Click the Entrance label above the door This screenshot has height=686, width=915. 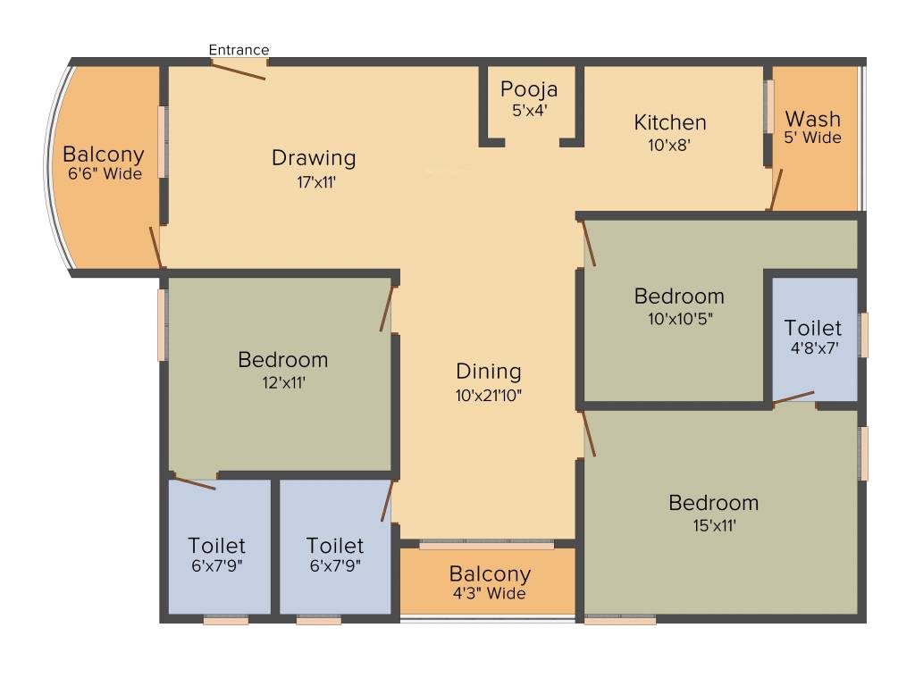(239, 50)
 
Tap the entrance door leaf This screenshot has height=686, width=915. (238, 70)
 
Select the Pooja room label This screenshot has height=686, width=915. (529, 89)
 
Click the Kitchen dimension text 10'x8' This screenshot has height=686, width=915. (669, 145)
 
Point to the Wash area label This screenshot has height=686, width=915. (812, 119)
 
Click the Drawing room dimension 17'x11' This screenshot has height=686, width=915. (316, 182)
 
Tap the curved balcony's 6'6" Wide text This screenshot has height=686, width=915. (105, 174)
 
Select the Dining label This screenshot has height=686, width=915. (489, 372)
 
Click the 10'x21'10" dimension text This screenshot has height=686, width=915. (489, 396)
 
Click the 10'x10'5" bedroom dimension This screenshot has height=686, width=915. (680, 319)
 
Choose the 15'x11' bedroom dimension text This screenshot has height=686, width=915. (714, 525)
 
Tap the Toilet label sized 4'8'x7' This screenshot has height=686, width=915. (813, 328)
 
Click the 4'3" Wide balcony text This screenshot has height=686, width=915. (490, 593)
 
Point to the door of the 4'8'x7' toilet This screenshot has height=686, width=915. (793, 397)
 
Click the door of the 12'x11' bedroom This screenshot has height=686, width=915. (386, 308)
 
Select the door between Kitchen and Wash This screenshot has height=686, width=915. (776, 189)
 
